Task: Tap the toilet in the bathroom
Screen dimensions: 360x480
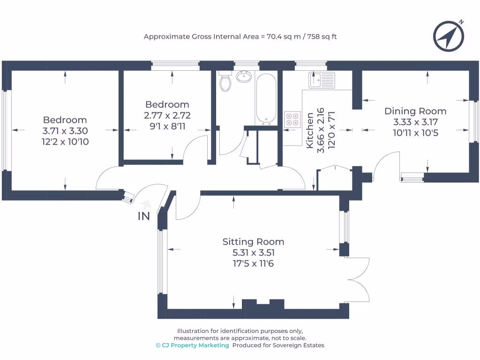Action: [226, 81]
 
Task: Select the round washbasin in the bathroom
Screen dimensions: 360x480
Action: [244, 76]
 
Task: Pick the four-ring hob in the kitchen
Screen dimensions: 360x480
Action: [292, 119]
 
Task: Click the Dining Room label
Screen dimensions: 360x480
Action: [415, 111]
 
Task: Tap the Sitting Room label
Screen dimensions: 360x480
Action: [253, 242]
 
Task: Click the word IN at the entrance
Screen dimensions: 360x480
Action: [144, 216]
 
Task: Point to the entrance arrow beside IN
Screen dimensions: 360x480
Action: [146, 204]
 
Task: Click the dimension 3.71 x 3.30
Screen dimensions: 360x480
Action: [65, 131]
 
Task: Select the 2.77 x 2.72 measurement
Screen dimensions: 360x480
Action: [167, 115]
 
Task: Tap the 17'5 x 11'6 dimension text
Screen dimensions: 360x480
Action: [253, 263]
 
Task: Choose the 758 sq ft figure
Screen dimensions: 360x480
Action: [322, 37]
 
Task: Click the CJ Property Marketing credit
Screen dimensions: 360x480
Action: [192, 345]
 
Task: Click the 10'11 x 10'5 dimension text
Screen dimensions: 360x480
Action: [415, 133]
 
